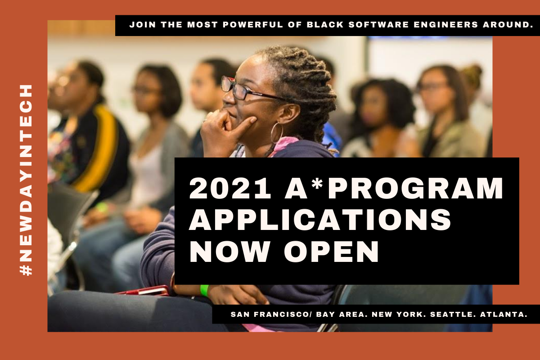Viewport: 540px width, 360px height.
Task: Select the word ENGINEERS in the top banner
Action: (438, 25)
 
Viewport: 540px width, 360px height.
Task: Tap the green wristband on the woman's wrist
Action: (204, 290)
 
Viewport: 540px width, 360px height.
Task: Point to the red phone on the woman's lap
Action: (144, 291)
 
